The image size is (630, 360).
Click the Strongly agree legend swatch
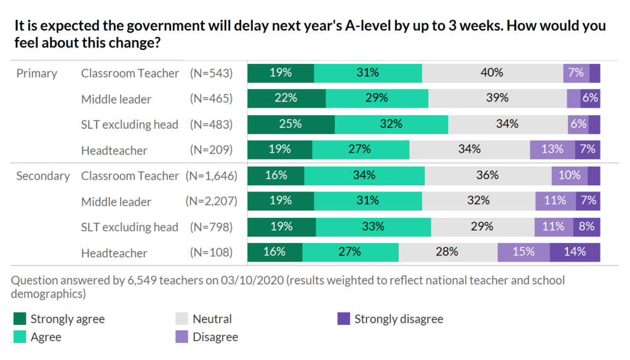coord(20,319)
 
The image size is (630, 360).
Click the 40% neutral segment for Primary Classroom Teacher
coord(492,73)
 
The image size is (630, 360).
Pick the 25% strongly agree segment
coord(290,124)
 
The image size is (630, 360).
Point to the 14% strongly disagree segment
coord(575,252)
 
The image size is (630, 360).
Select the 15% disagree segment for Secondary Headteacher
coord(523,252)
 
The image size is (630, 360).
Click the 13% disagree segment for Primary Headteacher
coord(552,150)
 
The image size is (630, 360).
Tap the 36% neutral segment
coord(487,175)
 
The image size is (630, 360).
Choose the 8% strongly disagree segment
coord(586,226)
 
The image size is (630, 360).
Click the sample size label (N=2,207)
coord(212,201)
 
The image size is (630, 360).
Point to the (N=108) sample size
coord(212,252)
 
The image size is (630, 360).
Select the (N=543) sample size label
coord(212,73)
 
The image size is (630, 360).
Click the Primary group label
coord(36,73)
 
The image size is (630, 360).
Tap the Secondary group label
coord(42,175)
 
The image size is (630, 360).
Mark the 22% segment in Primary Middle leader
coord(286,98)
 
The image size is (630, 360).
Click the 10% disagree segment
coord(569,175)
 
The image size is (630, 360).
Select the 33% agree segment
coord(373,226)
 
